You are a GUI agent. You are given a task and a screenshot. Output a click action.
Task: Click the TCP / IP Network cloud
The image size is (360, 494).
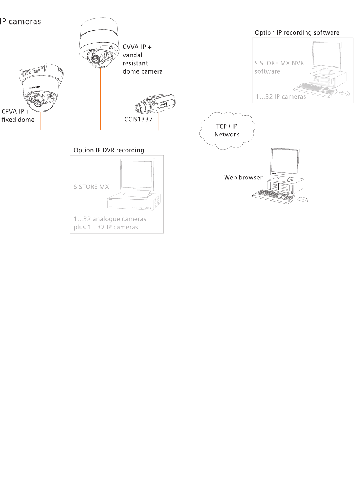click(x=227, y=130)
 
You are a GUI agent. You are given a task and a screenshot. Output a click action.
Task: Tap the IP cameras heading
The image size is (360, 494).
click(x=21, y=22)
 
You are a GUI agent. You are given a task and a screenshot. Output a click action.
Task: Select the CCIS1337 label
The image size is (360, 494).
click(x=138, y=119)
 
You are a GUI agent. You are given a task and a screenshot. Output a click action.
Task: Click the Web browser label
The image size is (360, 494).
click(x=243, y=177)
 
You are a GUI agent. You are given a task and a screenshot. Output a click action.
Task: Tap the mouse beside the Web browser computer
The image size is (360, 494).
click(x=303, y=199)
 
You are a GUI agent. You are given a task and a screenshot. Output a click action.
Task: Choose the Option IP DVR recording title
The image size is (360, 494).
click(x=109, y=150)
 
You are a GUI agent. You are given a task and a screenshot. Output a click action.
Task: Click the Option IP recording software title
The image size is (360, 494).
click(x=297, y=33)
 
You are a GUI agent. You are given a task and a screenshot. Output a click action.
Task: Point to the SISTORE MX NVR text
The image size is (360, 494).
click(x=279, y=63)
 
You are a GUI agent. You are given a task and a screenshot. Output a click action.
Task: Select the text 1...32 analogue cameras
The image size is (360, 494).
click(x=110, y=219)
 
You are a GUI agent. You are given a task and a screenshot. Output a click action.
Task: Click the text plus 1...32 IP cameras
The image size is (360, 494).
click(x=106, y=227)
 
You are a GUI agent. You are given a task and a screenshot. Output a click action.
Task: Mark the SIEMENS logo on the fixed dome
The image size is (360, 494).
click(x=35, y=87)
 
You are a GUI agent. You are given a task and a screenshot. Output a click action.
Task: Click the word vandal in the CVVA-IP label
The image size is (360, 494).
click(x=133, y=55)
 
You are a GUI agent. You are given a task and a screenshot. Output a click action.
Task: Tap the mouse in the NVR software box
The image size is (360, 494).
click(x=344, y=93)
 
